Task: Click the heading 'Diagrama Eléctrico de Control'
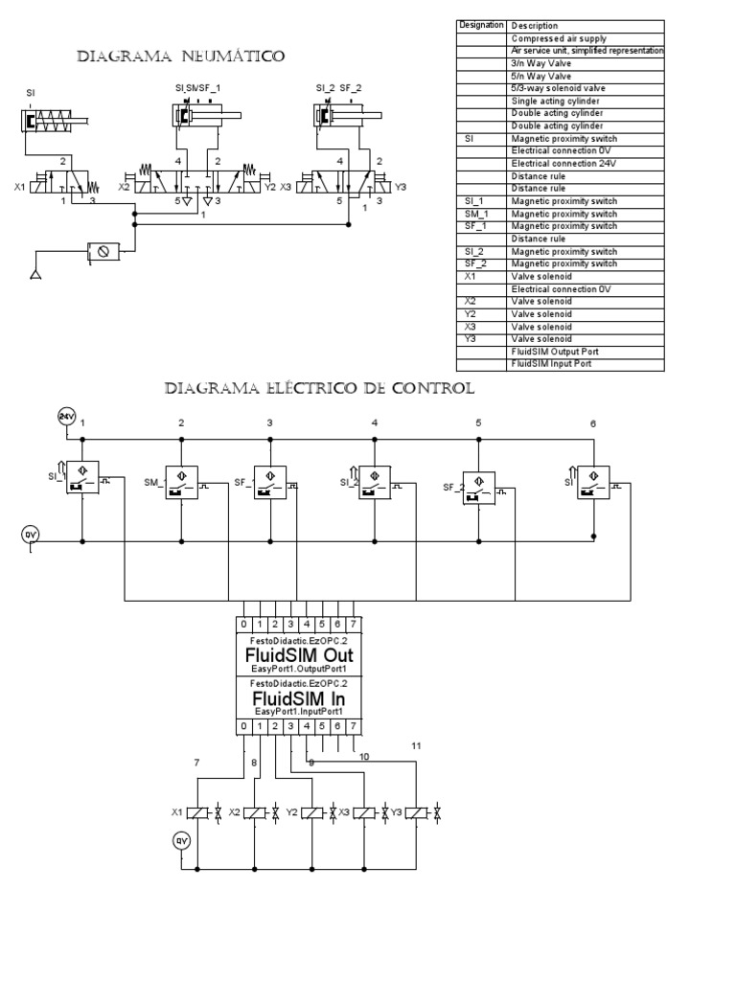pyautogui.click(x=319, y=389)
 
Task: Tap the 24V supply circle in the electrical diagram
pyautogui.click(x=67, y=417)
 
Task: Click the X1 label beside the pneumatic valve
pyautogui.click(x=19, y=188)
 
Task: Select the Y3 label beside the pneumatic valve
pyautogui.click(x=401, y=188)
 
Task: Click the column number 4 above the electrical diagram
pyautogui.click(x=375, y=422)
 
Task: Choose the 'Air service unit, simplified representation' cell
pyautogui.click(x=586, y=50)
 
